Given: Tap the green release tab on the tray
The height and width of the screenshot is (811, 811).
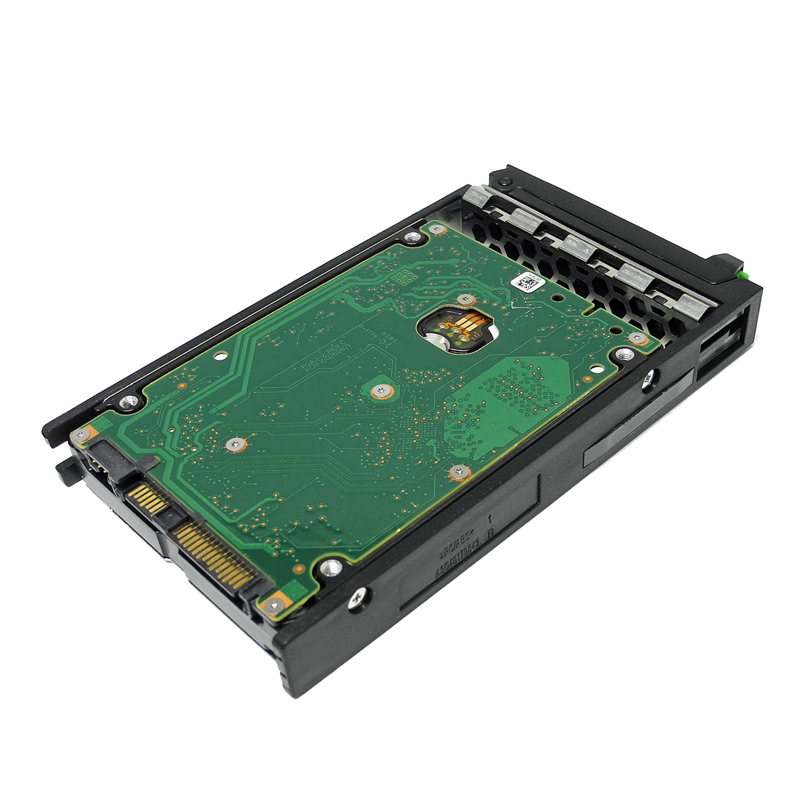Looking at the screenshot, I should click(x=744, y=274).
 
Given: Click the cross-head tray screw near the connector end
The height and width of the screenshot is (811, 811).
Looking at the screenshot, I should click(x=360, y=595).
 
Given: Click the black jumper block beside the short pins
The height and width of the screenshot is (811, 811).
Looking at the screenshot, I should click(x=99, y=460).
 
